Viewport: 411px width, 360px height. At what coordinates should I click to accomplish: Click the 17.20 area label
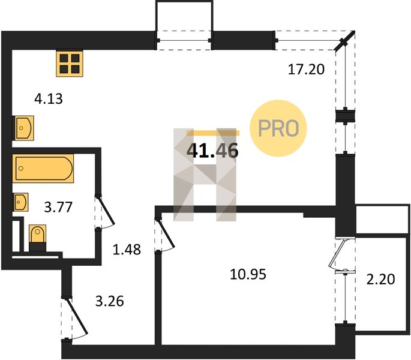[306, 70]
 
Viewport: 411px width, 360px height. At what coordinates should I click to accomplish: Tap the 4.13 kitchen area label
[49, 99]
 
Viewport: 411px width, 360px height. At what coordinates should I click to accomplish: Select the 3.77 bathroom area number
[58, 207]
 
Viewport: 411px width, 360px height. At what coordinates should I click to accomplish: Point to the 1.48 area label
[127, 250]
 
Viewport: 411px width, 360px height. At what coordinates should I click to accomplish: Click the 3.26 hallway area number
[110, 301]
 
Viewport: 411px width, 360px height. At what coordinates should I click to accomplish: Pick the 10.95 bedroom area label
[248, 275]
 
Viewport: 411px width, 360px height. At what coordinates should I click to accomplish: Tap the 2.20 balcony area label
[380, 279]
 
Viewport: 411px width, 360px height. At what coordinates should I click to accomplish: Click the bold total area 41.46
[212, 151]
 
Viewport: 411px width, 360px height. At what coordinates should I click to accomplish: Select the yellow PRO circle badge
[278, 128]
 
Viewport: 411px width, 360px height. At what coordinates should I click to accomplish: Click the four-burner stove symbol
[70, 64]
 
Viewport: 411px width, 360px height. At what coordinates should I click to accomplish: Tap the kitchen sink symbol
[23, 128]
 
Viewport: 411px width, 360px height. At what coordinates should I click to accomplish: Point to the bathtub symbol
[43, 169]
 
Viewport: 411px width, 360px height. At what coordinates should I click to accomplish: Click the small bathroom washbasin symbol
[21, 202]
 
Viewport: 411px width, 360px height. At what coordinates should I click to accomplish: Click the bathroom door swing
[106, 212]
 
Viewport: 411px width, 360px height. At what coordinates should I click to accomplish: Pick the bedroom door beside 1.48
[165, 234]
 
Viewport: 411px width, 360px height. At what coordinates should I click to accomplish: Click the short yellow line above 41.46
[213, 133]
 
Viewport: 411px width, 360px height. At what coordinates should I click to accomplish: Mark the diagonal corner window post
[344, 40]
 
